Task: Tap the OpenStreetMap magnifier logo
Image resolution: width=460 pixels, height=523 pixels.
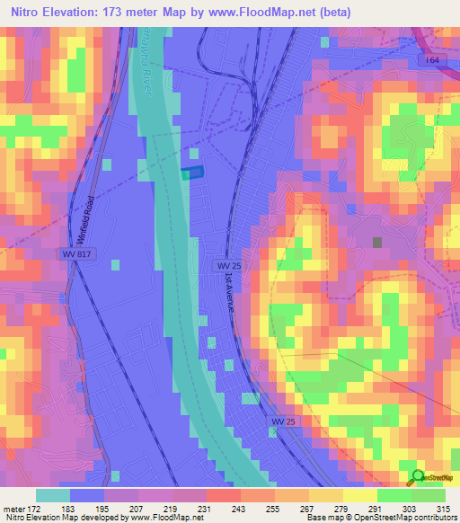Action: [417, 477]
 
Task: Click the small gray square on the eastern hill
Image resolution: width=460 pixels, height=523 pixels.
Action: [377, 242]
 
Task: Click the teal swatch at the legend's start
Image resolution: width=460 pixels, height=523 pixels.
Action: [53, 495]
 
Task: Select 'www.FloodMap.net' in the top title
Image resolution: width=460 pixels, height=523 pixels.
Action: [263, 13]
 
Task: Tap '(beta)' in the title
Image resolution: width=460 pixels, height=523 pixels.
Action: [331, 13]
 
